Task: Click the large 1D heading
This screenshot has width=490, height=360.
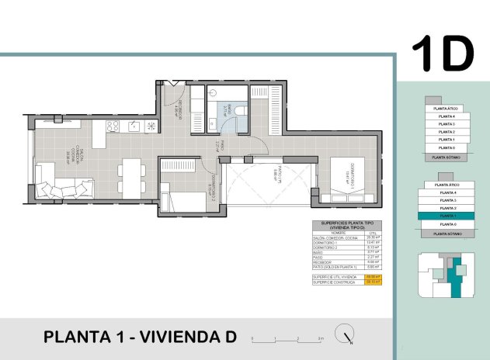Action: click(x=442, y=52)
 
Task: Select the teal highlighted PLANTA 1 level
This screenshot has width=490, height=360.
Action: click(x=447, y=216)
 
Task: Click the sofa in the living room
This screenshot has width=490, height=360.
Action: click(x=61, y=186)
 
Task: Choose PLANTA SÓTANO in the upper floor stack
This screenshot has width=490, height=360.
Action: click(x=447, y=156)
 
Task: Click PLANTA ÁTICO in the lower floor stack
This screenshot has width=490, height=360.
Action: click(x=447, y=185)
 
